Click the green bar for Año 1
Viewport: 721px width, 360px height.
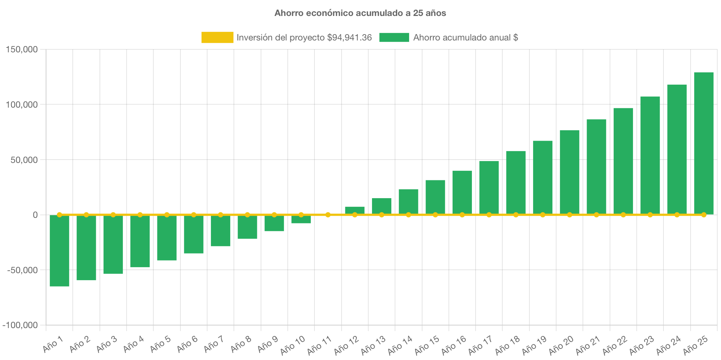point(59,251)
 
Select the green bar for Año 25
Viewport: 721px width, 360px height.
point(704,143)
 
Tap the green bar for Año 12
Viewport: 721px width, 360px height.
point(355,210)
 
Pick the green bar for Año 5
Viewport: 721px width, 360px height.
point(167,238)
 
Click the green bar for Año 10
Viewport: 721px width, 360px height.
point(301,219)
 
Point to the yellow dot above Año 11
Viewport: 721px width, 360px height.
point(328,215)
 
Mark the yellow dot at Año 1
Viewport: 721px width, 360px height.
point(59,215)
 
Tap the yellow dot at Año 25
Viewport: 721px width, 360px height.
point(704,215)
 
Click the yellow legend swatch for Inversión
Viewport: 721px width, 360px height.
point(217,37)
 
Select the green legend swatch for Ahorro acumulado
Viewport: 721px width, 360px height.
point(394,37)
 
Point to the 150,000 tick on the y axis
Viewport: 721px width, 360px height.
point(22,49)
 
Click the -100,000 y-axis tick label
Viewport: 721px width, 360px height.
point(20,325)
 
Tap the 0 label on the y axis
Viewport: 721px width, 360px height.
point(35,215)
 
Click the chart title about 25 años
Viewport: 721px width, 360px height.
point(360,13)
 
